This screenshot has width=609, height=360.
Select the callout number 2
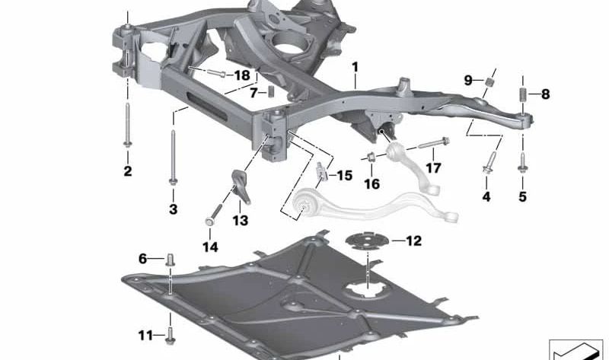tap(127, 171)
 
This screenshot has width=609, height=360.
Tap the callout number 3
tap(173, 209)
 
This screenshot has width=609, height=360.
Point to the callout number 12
tap(413, 241)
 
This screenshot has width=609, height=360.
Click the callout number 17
tap(433, 168)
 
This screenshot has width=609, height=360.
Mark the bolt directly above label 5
tap(523, 161)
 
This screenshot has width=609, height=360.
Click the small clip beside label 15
tap(321, 173)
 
